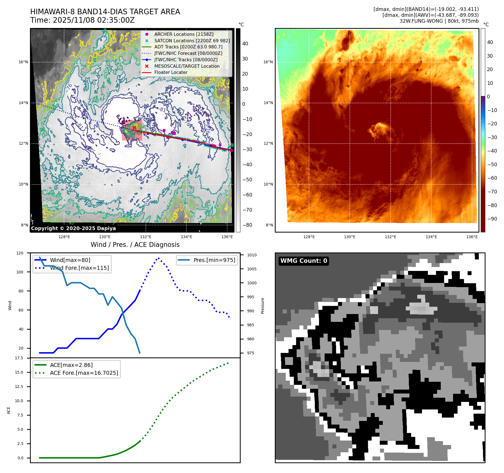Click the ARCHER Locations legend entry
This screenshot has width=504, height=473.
coord(184,34)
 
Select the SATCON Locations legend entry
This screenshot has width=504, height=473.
coord(192,41)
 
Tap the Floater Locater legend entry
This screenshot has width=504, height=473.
coord(171,72)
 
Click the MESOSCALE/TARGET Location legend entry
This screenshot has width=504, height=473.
coord(187,66)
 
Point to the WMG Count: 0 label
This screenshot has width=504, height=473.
coord(304,261)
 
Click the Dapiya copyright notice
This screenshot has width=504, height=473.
coord(73,228)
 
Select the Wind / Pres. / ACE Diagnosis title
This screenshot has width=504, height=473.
coord(135,245)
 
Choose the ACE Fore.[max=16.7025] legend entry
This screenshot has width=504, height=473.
coord(84,373)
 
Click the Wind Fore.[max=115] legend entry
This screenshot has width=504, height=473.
coord(79,268)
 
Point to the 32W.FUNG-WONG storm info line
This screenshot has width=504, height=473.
coord(439,21)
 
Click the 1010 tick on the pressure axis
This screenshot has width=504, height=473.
coord(252,255)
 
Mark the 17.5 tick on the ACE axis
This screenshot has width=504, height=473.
coord(19,358)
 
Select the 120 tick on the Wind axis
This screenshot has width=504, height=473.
coord(20,253)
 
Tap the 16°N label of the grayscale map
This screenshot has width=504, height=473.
coord(23,62)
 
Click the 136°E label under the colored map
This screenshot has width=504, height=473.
coord(472,237)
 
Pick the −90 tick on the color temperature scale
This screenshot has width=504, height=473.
coord(492,219)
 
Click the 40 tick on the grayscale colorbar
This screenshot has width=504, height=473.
coord(245,43)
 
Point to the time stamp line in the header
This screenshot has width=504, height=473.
coord(83,20)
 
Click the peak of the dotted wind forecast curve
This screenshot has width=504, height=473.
coord(159,258)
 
